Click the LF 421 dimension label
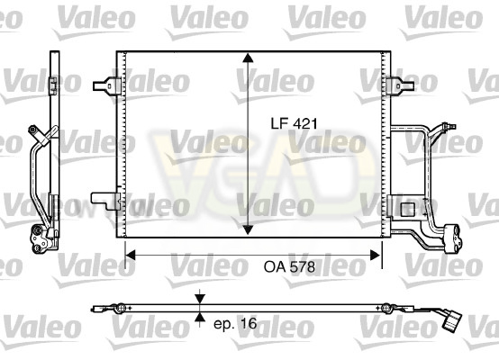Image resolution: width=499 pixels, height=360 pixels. [294, 123]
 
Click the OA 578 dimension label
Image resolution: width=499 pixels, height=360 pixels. [289, 266]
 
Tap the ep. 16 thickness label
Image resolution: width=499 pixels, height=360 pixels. [235, 324]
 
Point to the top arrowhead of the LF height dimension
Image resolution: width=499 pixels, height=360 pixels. [248, 58]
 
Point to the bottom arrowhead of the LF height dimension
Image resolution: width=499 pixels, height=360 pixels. [248, 229]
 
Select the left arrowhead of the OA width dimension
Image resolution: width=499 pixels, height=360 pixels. [131, 255]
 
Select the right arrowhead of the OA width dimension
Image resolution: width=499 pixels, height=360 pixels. [376, 255]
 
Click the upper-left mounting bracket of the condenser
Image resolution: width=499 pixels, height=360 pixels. [106, 85]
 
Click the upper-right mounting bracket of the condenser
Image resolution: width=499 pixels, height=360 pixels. [400, 85]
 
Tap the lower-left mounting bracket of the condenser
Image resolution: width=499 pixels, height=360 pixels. [105, 201]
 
